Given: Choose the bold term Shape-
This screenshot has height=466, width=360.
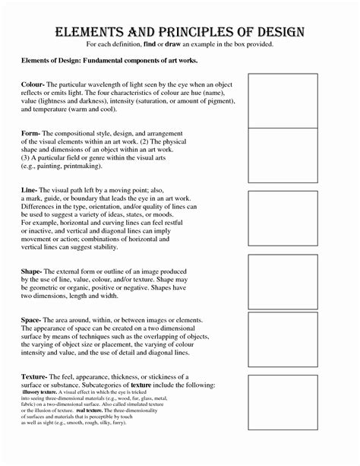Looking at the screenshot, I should (34, 270).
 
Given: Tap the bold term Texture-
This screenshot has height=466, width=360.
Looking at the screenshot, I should (37, 377).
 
